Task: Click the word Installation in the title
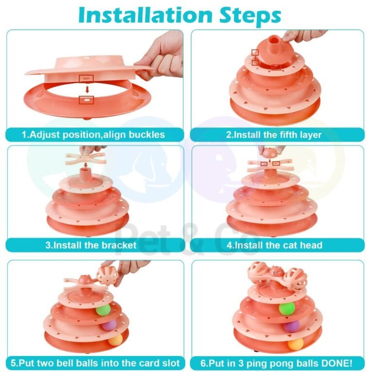[x=145, y=15]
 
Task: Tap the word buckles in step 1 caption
[x=147, y=135]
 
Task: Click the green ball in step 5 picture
[x=103, y=310]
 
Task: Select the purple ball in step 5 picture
[x=109, y=325]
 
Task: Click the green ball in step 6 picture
[x=287, y=308]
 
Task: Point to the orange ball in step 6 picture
[x=296, y=344]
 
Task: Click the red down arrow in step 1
[x=88, y=89]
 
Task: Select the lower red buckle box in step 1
[x=87, y=100]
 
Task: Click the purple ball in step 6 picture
[x=291, y=326]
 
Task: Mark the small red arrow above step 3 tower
[x=86, y=164]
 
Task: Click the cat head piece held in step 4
[x=270, y=153]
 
